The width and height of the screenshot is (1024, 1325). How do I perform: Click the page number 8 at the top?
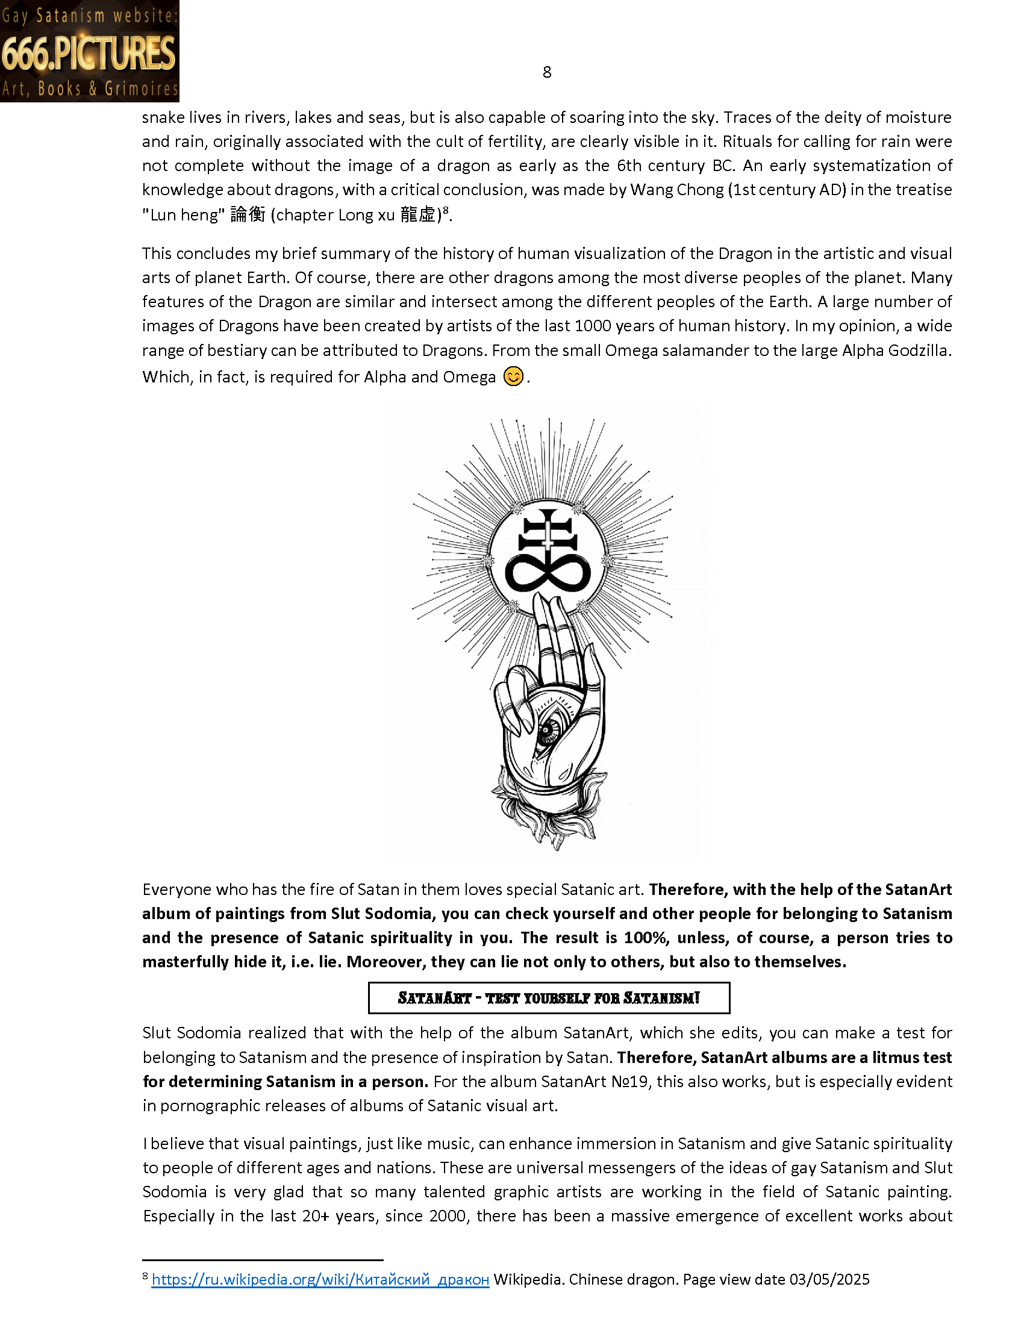click(546, 72)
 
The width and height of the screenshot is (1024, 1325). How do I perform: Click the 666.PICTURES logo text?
click(89, 54)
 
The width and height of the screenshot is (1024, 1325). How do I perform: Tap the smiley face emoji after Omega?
click(513, 377)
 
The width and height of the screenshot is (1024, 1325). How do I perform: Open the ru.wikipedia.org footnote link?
click(320, 1279)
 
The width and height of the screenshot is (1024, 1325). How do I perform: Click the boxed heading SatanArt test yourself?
click(548, 998)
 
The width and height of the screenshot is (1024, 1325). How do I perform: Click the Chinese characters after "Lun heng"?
click(248, 215)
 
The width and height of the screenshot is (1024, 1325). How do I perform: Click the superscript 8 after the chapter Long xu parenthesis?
click(445, 210)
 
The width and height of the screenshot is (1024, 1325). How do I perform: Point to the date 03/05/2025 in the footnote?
click(829, 1279)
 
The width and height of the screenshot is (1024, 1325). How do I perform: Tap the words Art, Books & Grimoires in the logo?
click(90, 89)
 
